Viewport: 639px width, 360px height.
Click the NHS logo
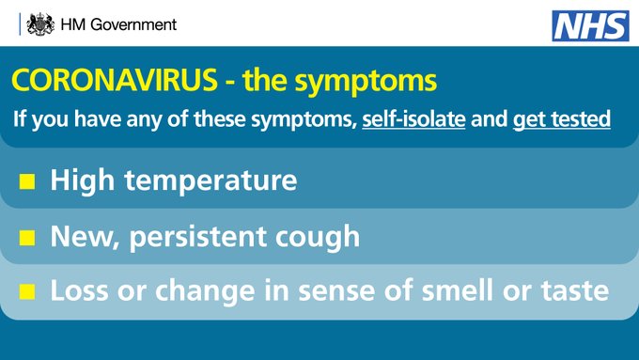point(589,24)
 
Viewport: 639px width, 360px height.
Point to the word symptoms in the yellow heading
point(378,82)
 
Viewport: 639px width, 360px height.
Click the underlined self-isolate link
point(414,120)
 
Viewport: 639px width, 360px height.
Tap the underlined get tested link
point(562,120)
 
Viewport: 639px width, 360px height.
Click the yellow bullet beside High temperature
point(28,180)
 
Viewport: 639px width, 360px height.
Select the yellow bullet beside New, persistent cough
point(28,237)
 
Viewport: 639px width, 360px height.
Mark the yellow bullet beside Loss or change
point(28,292)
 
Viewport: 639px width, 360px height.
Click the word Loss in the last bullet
point(79,291)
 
